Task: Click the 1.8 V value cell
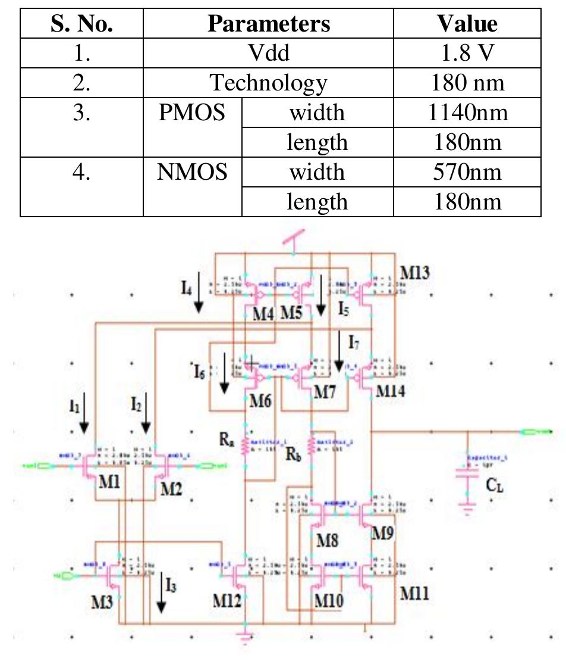(467, 52)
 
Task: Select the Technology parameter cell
(269, 82)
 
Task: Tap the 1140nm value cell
(467, 112)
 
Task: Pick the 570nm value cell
(467, 172)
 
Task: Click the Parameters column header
(269, 23)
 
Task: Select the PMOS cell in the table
(192, 112)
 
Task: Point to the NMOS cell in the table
(192, 172)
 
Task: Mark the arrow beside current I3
(161, 595)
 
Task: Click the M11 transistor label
(414, 593)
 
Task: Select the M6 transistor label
(260, 400)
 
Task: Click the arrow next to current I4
(199, 293)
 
